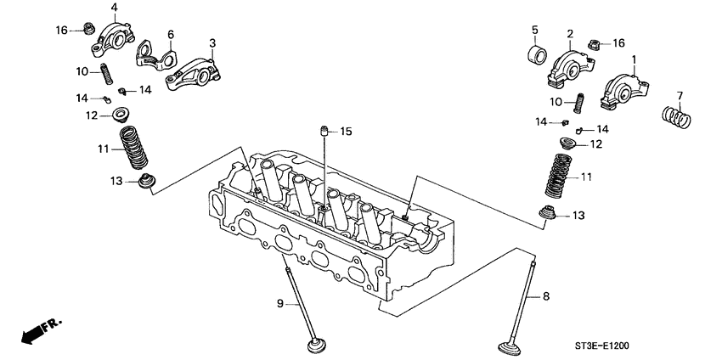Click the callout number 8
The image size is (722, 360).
tap(546, 296)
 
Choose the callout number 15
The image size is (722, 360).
tap(345, 132)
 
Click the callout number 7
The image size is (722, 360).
tap(680, 93)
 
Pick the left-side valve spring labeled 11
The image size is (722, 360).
tap(132, 148)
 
